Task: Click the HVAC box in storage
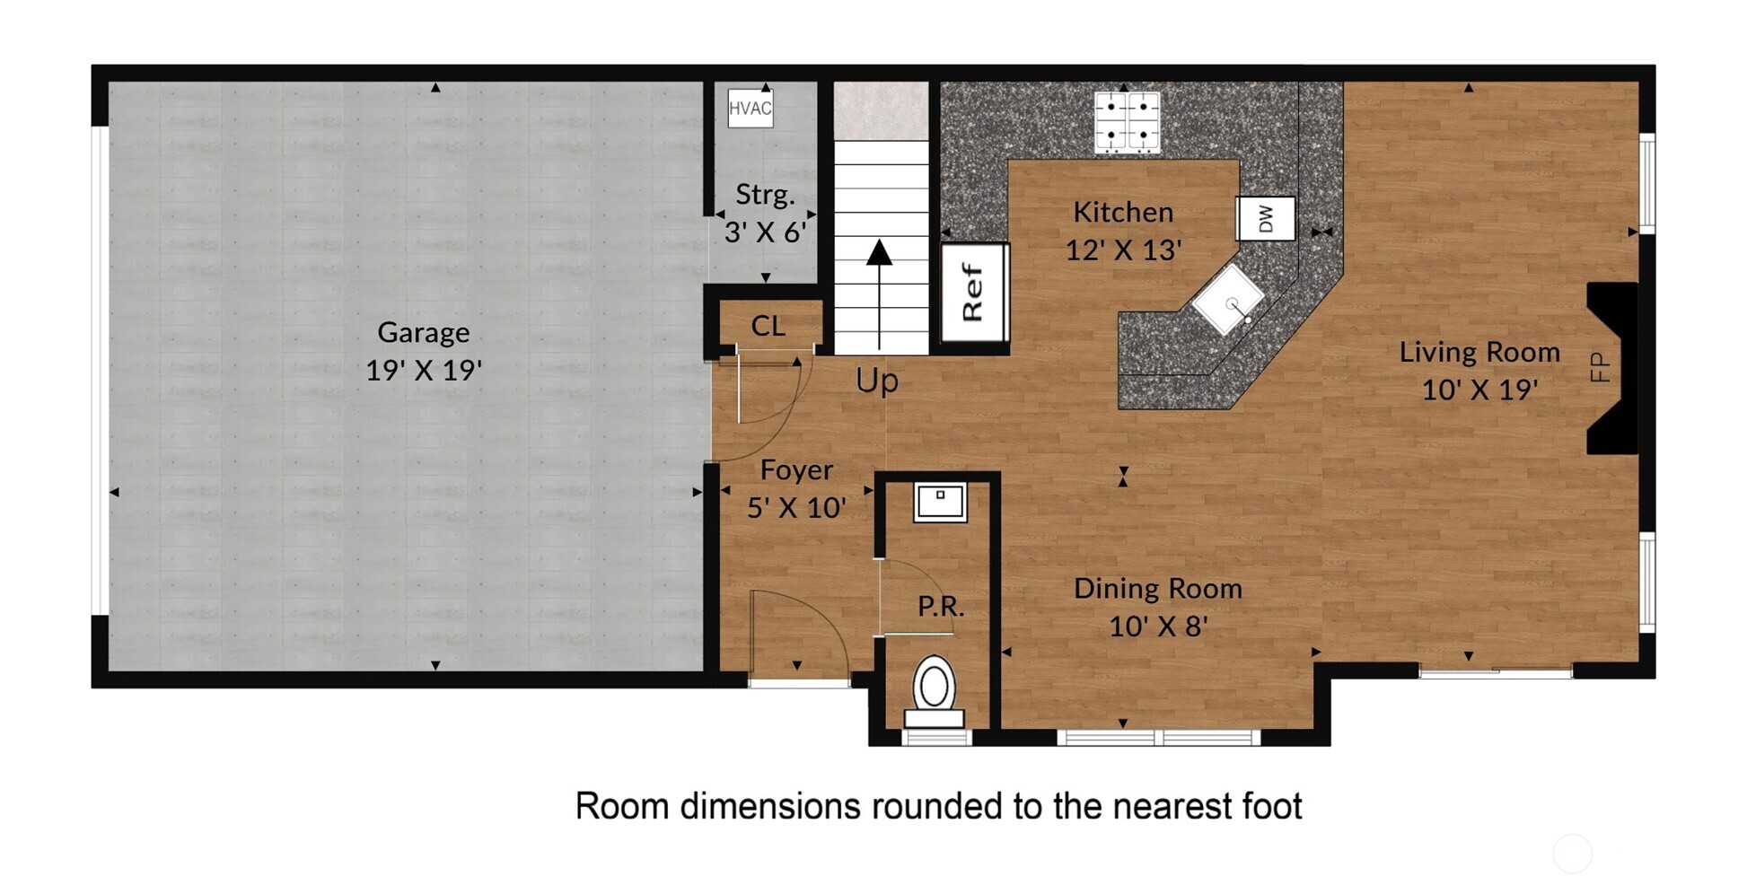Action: point(750,109)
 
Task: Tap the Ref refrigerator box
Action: point(974,293)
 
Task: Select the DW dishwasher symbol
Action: point(1266,218)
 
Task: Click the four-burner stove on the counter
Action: point(1127,121)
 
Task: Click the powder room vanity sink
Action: point(940,502)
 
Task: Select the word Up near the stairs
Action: point(876,381)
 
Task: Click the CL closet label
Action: point(768,326)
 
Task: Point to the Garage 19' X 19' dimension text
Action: point(424,370)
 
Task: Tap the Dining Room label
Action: point(1158,589)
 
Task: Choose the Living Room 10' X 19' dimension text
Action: point(1479,390)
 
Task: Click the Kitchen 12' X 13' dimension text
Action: point(1123,250)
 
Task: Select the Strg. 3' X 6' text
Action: point(765,214)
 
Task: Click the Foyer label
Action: point(796,470)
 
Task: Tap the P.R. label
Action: point(941,607)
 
